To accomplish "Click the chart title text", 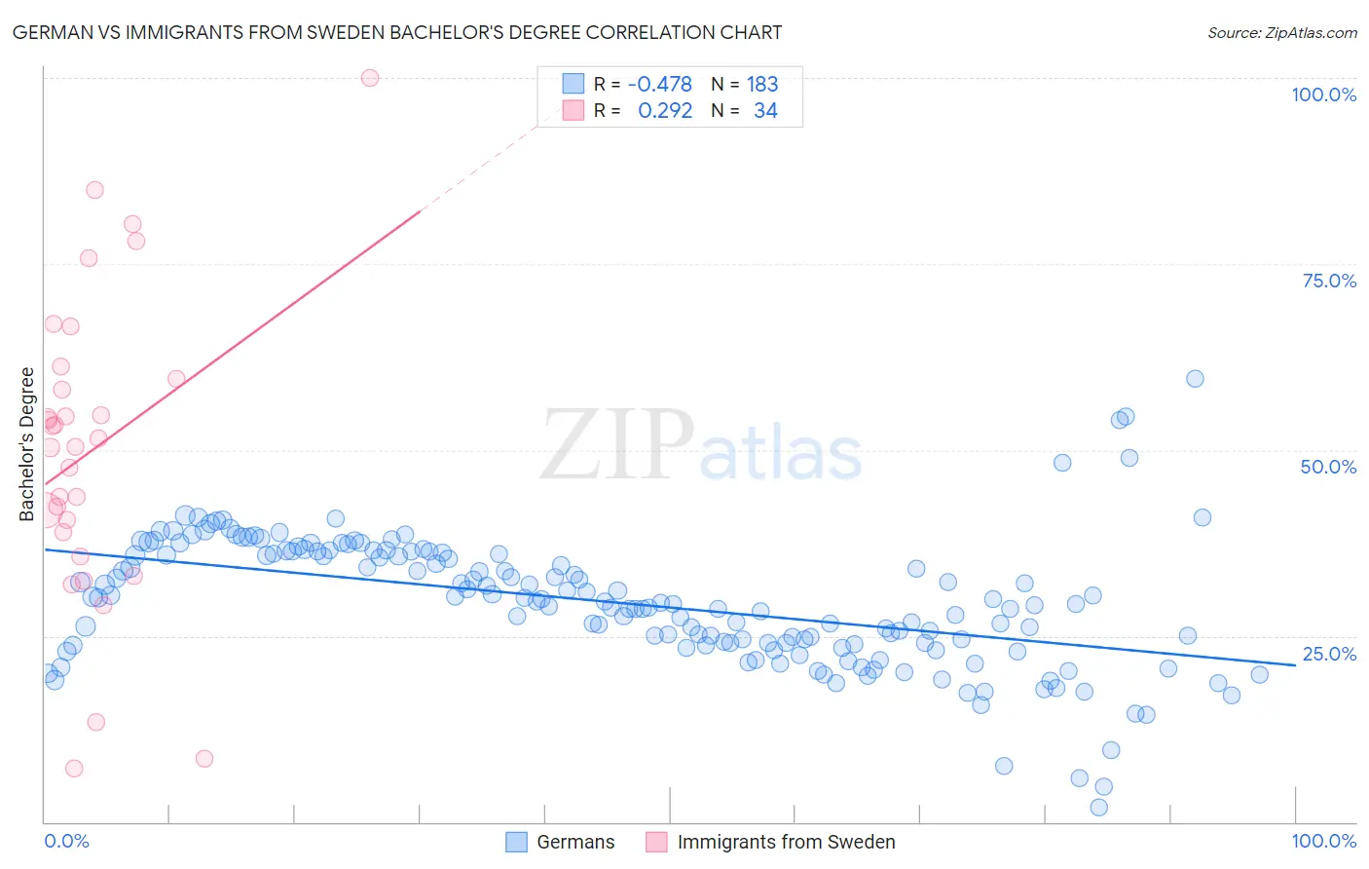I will pyautogui.click(x=397, y=33).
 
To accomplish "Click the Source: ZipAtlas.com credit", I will pyautogui.click(x=1281, y=33).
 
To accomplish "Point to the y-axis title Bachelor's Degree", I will pyautogui.click(x=27, y=444).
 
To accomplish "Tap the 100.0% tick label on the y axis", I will pyautogui.click(x=1323, y=94).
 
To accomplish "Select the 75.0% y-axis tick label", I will pyautogui.click(x=1329, y=281).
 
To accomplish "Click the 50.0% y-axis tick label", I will pyautogui.click(x=1328, y=467).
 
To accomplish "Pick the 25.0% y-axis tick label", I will pyautogui.click(x=1329, y=654).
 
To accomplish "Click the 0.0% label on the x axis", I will pyautogui.click(x=66, y=841).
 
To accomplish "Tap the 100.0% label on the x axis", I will pyautogui.click(x=1323, y=841).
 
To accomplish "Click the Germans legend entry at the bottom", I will pyautogui.click(x=575, y=842).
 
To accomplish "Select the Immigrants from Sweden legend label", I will pyautogui.click(x=786, y=842).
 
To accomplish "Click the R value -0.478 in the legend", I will pyautogui.click(x=659, y=85).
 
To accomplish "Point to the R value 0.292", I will pyautogui.click(x=665, y=111).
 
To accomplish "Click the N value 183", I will pyautogui.click(x=762, y=85).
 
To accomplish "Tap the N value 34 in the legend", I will pyautogui.click(x=765, y=111).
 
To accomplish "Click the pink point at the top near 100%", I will pyautogui.click(x=370, y=78).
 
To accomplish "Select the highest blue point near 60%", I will pyautogui.click(x=1195, y=379).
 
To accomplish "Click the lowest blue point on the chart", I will pyautogui.click(x=1099, y=808).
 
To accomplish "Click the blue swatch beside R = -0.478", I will pyautogui.click(x=573, y=85).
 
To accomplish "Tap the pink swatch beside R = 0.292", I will pyautogui.click(x=573, y=111).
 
